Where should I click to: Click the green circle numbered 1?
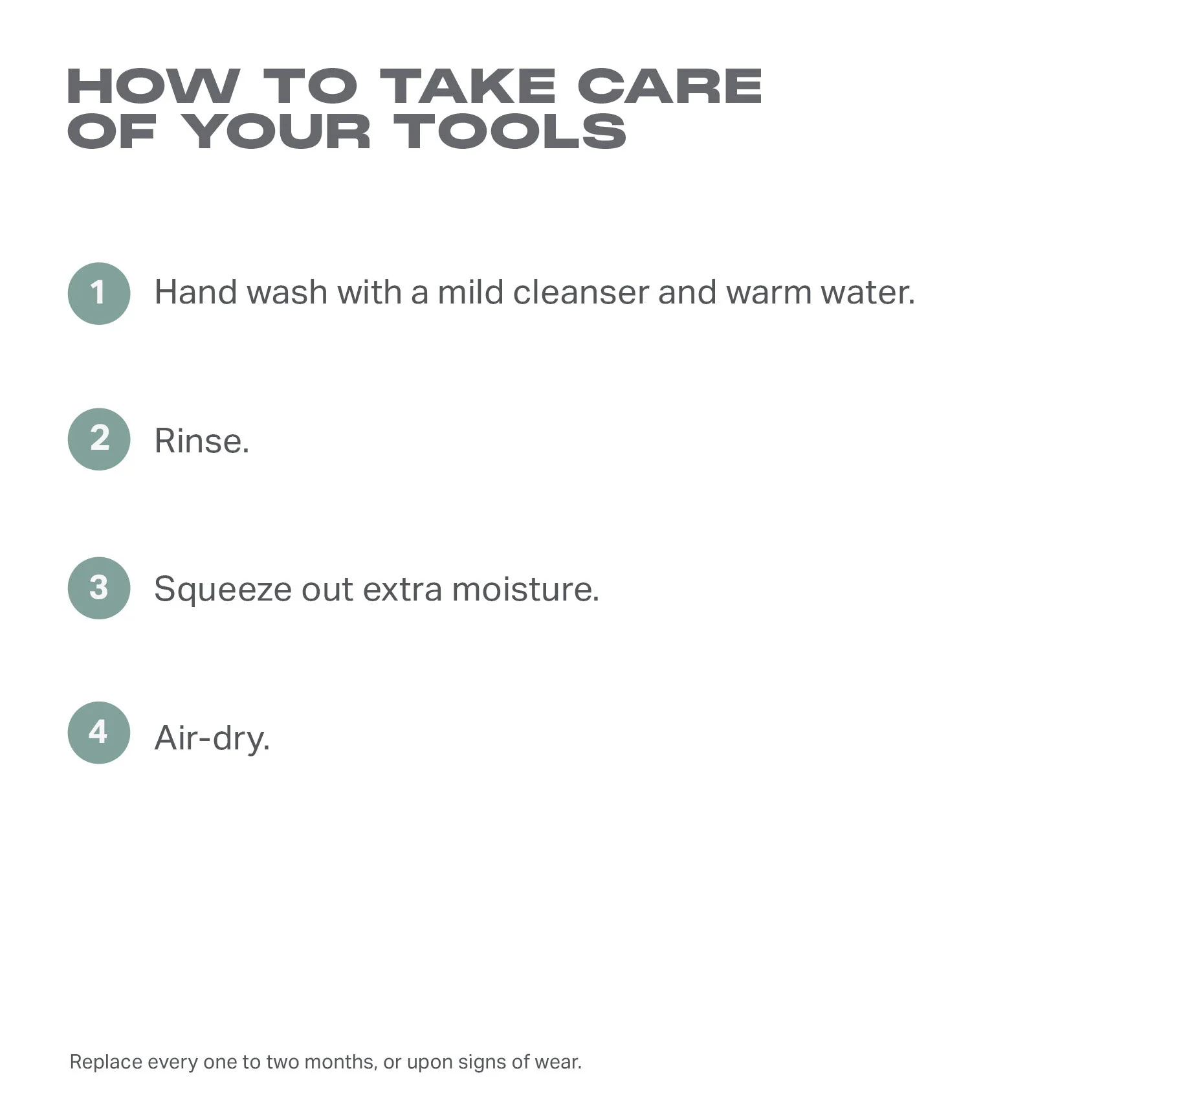[99, 293]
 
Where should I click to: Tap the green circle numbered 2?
[99, 439]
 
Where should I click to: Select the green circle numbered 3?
[99, 588]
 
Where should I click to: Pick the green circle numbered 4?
[99, 733]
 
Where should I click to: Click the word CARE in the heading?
[670, 86]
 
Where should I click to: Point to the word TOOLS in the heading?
[510, 131]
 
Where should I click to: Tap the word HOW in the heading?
[153, 86]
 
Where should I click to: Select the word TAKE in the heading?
[467, 86]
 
